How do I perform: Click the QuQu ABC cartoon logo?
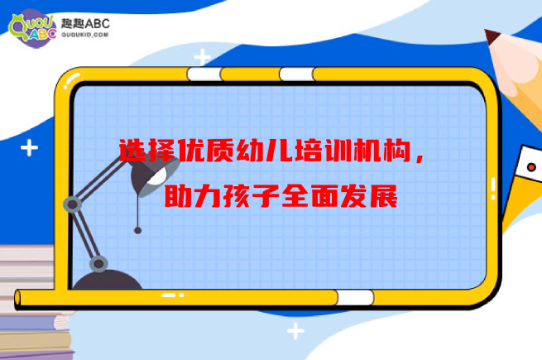click(32, 28)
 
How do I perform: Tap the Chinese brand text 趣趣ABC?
click(85, 23)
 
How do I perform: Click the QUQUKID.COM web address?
click(85, 35)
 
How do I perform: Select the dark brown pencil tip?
click(492, 36)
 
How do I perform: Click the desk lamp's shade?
click(155, 175)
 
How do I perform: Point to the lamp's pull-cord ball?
click(137, 230)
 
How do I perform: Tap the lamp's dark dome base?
click(107, 280)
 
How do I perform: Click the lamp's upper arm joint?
click(72, 204)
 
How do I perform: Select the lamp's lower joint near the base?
click(98, 264)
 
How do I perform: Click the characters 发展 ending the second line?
click(369, 196)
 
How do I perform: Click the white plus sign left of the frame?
click(30, 147)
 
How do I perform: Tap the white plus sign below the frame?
click(295, 331)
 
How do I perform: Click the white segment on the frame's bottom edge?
click(355, 297)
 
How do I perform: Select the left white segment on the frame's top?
click(204, 74)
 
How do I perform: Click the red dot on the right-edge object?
click(531, 167)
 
